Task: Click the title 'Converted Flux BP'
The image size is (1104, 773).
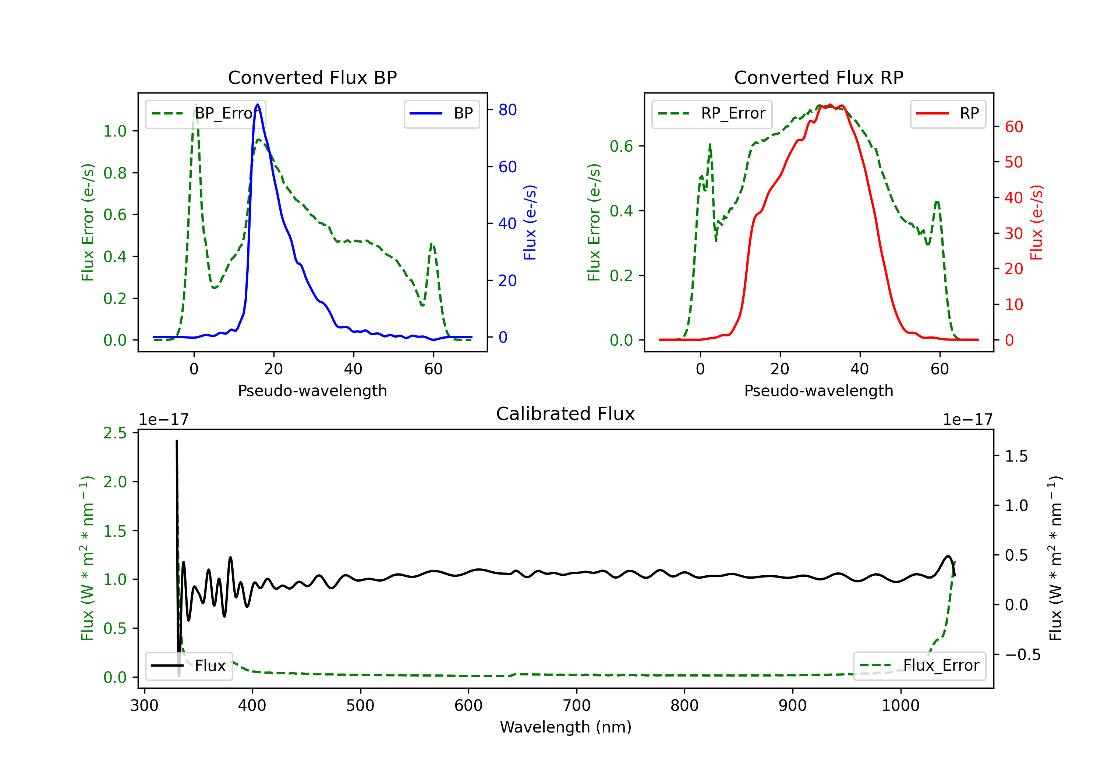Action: pyautogui.click(x=312, y=77)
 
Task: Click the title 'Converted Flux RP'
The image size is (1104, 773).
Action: pyautogui.click(x=818, y=77)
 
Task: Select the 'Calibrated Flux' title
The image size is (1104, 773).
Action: pyautogui.click(x=566, y=414)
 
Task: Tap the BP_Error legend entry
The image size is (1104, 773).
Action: pyautogui.click(x=205, y=113)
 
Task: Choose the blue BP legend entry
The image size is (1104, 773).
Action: pyautogui.click(x=441, y=113)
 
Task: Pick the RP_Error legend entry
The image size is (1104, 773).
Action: pyautogui.click(x=712, y=113)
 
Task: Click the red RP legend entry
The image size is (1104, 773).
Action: pyautogui.click(x=948, y=113)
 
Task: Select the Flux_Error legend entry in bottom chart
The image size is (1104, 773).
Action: pyautogui.click(x=919, y=666)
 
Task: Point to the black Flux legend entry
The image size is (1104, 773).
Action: pyautogui.click(x=189, y=666)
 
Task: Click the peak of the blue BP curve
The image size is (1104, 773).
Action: pyautogui.click(x=258, y=105)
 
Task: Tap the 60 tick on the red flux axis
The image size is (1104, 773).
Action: pyautogui.click(x=1013, y=127)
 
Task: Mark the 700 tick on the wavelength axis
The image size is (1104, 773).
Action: pyautogui.click(x=577, y=706)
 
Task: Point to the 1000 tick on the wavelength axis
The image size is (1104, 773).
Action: pyautogui.click(x=900, y=706)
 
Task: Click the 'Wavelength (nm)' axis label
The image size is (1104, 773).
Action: pyautogui.click(x=566, y=727)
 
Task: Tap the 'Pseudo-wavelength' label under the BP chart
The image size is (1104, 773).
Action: pyautogui.click(x=312, y=391)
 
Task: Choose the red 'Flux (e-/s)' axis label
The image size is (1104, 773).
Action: pyautogui.click(x=1036, y=223)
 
